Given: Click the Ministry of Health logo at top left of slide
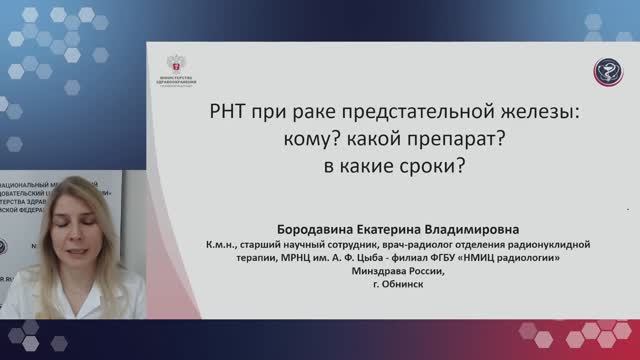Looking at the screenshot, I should point(183,64).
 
